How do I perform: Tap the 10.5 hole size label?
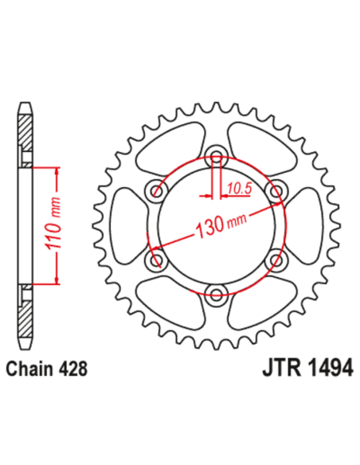[237, 189]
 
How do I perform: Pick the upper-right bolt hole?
[276, 191]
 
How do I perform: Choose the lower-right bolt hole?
[276, 260]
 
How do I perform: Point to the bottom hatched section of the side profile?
[26, 315]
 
